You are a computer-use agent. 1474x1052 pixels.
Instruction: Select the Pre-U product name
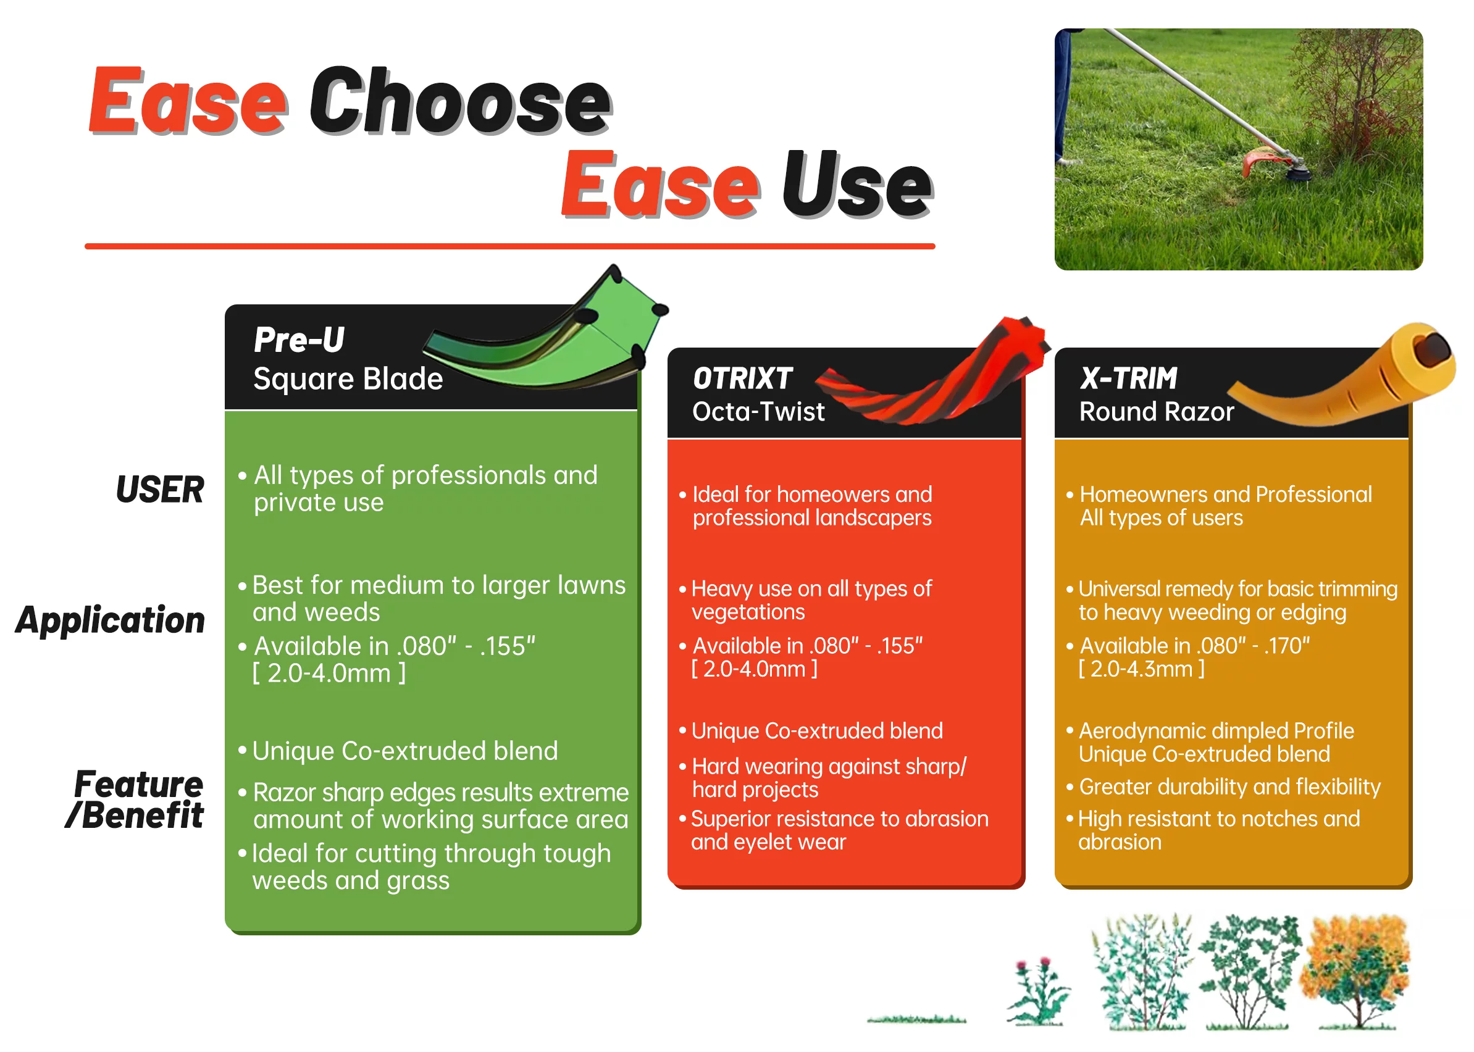(299, 340)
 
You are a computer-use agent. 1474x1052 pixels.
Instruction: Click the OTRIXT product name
(742, 378)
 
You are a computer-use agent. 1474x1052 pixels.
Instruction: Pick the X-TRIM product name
(1128, 378)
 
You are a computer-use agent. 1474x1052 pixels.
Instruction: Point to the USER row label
(160, 489)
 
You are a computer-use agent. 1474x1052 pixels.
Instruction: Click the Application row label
(110, 620)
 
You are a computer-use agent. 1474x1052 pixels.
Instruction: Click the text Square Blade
(348, 379)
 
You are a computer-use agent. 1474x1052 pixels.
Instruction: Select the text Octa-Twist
(758, 411)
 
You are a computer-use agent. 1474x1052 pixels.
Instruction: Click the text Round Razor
(1157, 411)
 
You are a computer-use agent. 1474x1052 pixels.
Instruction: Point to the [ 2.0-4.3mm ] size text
(1142, 669)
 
